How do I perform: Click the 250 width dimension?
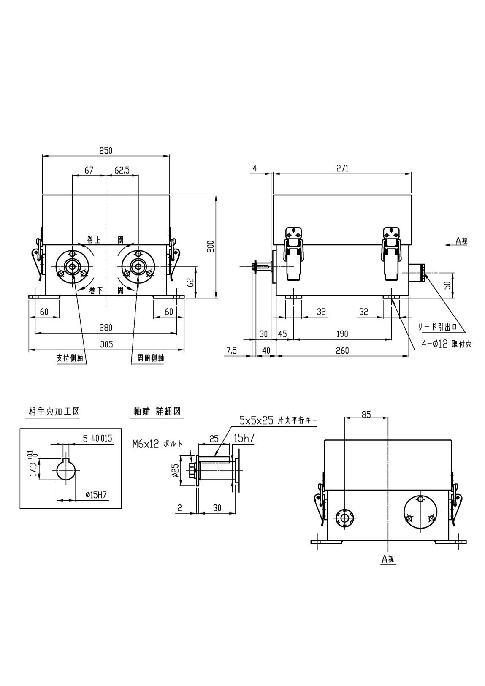pyautogui.click(x=106, y=151)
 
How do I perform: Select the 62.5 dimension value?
pyautogui.click(x=122, y=170)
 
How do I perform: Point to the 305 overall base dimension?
pyautogui.click(x=106, y=344)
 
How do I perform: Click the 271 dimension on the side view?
pyautogui.click(x=342, y=168)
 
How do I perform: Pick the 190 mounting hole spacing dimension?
pyautogui.click(x=342, y=334)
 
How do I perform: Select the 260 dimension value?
pyautogui.click(x=342, y=351)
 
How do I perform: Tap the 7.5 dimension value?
pyautogui.click(x=232, y=351)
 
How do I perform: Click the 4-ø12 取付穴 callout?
pyautogui.click(x=447, y=344)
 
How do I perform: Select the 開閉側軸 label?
pyautogui.click(x=151, y=358)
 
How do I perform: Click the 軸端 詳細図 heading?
pyautogui.click(x=157, y=411)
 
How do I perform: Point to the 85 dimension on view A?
pyautogui.click(x=366, y=415)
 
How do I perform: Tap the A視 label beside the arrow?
pyautogui.click(x=461, y=241)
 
